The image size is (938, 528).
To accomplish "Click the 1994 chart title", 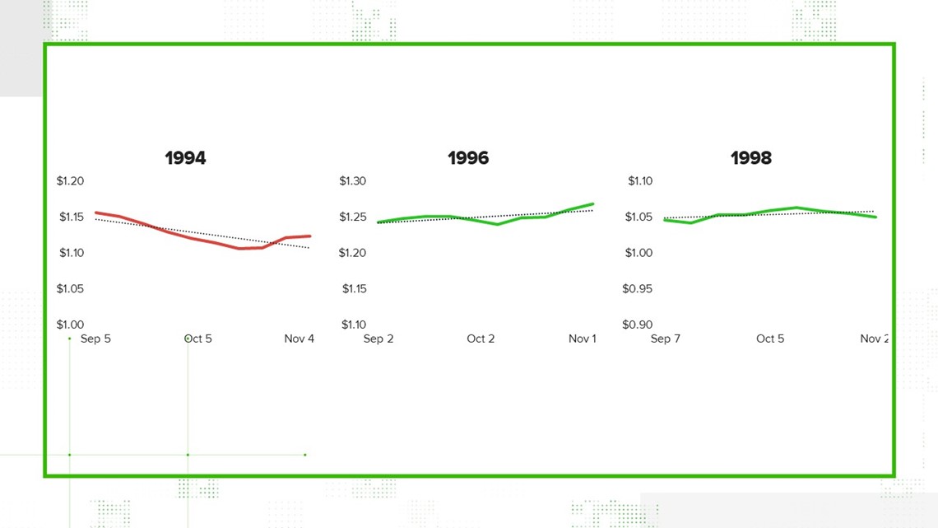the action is pyautogui.click(x=185, y=158).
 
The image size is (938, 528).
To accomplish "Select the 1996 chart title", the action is pyautogui.click(x=468, y=158).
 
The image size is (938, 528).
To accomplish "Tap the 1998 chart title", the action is pyautogui.click(x=751, y=158).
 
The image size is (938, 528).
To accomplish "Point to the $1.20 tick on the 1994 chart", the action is pyautogui.click(x=70, y=180).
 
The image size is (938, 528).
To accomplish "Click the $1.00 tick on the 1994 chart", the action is pyautogui.click(x=70, y=325).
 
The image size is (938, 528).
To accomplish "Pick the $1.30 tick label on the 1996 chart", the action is pyautogui.click(x=352, y=180).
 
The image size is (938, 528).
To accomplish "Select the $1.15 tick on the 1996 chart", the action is pyautogui.click(x=354, y=288).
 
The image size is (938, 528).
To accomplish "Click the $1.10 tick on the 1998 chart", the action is pyautogui.click(x=640, y=180).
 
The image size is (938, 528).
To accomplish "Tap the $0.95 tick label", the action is pyautogui.click(x=637, y=288).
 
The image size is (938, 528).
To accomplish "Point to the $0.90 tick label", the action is pyautogui.click(x=637, y=325).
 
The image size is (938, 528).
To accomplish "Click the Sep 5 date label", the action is pyautogui.click(x=95, y=339).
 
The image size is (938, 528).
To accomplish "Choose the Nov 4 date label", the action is pyautogui.click(x=300, y=339).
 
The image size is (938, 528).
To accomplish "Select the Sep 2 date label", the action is pyautogui.click(x=378, y=339).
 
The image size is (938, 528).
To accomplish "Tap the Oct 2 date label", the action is pyautogui.click(x=481, y=339).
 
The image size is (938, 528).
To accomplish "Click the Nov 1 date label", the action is pyautogui.click(x=582, y=339).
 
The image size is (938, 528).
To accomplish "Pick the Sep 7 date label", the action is pyautogui.click(x=665, y=339).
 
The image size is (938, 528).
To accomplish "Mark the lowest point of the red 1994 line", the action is pyautogui.click(x=240, y=249).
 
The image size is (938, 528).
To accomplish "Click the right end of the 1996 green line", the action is pyautogui.click(x=592, y=204).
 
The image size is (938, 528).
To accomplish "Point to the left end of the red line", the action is pyautogui.click(x=96, y=213).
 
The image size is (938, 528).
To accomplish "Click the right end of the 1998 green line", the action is pyautogui.click(x=875, y=217).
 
